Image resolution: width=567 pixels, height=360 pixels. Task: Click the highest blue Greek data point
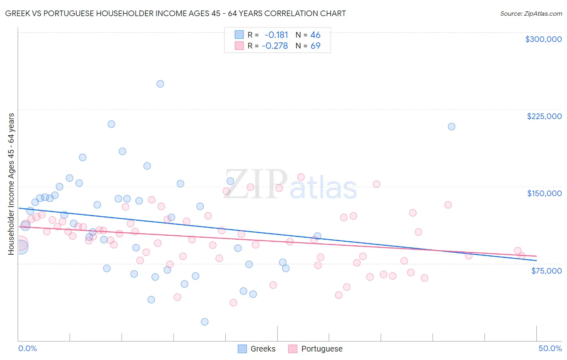click(160, 84)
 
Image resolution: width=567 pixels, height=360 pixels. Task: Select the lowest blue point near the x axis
click(204, 322)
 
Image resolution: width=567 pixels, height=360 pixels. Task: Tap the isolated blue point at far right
click(452, 127)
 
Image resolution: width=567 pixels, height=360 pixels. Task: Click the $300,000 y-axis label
click(543, 39)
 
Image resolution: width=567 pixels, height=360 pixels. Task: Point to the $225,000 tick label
click(544, 116)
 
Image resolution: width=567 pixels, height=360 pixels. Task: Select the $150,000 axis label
click(544, 193)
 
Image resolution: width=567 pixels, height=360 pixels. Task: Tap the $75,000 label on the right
click(546, 271)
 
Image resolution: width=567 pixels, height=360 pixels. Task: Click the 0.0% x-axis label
click(27, 348)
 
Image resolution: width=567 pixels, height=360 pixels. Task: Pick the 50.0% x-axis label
click(550, 348)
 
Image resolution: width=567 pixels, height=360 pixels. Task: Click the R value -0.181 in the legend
click(276, 35)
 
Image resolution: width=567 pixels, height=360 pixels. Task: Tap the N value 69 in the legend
click(315, 46)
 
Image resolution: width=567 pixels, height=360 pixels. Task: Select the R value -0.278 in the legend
click(275, 46)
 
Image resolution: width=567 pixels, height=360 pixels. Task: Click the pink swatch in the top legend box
click(239, 46)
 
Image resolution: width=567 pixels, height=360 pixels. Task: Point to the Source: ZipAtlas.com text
click(531, 14)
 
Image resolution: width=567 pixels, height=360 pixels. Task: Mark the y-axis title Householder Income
click(11, 184)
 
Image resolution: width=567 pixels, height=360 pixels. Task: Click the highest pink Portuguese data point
click(301, 177)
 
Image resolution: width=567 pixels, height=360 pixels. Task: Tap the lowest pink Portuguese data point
click(233, 303)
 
